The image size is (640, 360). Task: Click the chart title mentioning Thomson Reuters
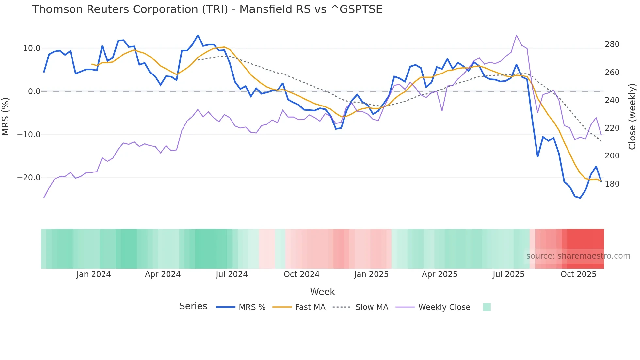(207, 9)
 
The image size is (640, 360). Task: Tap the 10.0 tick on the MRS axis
(32, 48)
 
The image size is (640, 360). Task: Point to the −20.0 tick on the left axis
(29, 178)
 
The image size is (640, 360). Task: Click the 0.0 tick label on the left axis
(34, 91)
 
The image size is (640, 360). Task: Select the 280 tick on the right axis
(612, 44)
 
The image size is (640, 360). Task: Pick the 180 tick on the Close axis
(612, 184)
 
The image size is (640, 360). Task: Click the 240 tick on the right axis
(612, 100)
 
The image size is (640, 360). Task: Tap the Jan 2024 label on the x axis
(94, 274)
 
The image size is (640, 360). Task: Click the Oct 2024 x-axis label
(301, 274)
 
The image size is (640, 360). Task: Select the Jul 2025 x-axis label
(508, 274)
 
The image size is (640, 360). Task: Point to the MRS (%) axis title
(5, 116)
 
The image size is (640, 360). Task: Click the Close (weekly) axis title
(632, 116)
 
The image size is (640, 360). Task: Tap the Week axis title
(322, 292)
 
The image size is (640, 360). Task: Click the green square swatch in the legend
(487, 307)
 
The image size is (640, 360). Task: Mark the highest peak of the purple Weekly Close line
(516, 35)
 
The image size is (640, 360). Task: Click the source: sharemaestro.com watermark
(578, 256)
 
